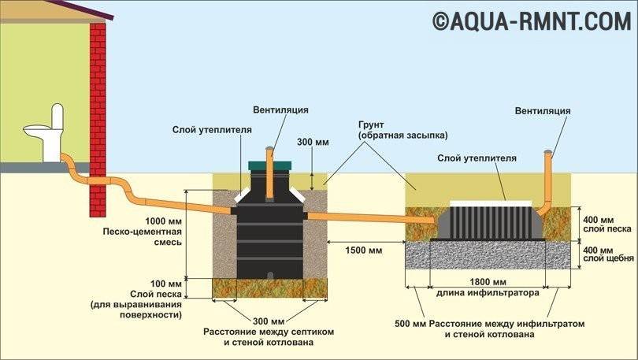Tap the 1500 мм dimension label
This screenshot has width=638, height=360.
pos(363,251)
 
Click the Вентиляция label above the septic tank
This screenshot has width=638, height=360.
pos(281,109)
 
